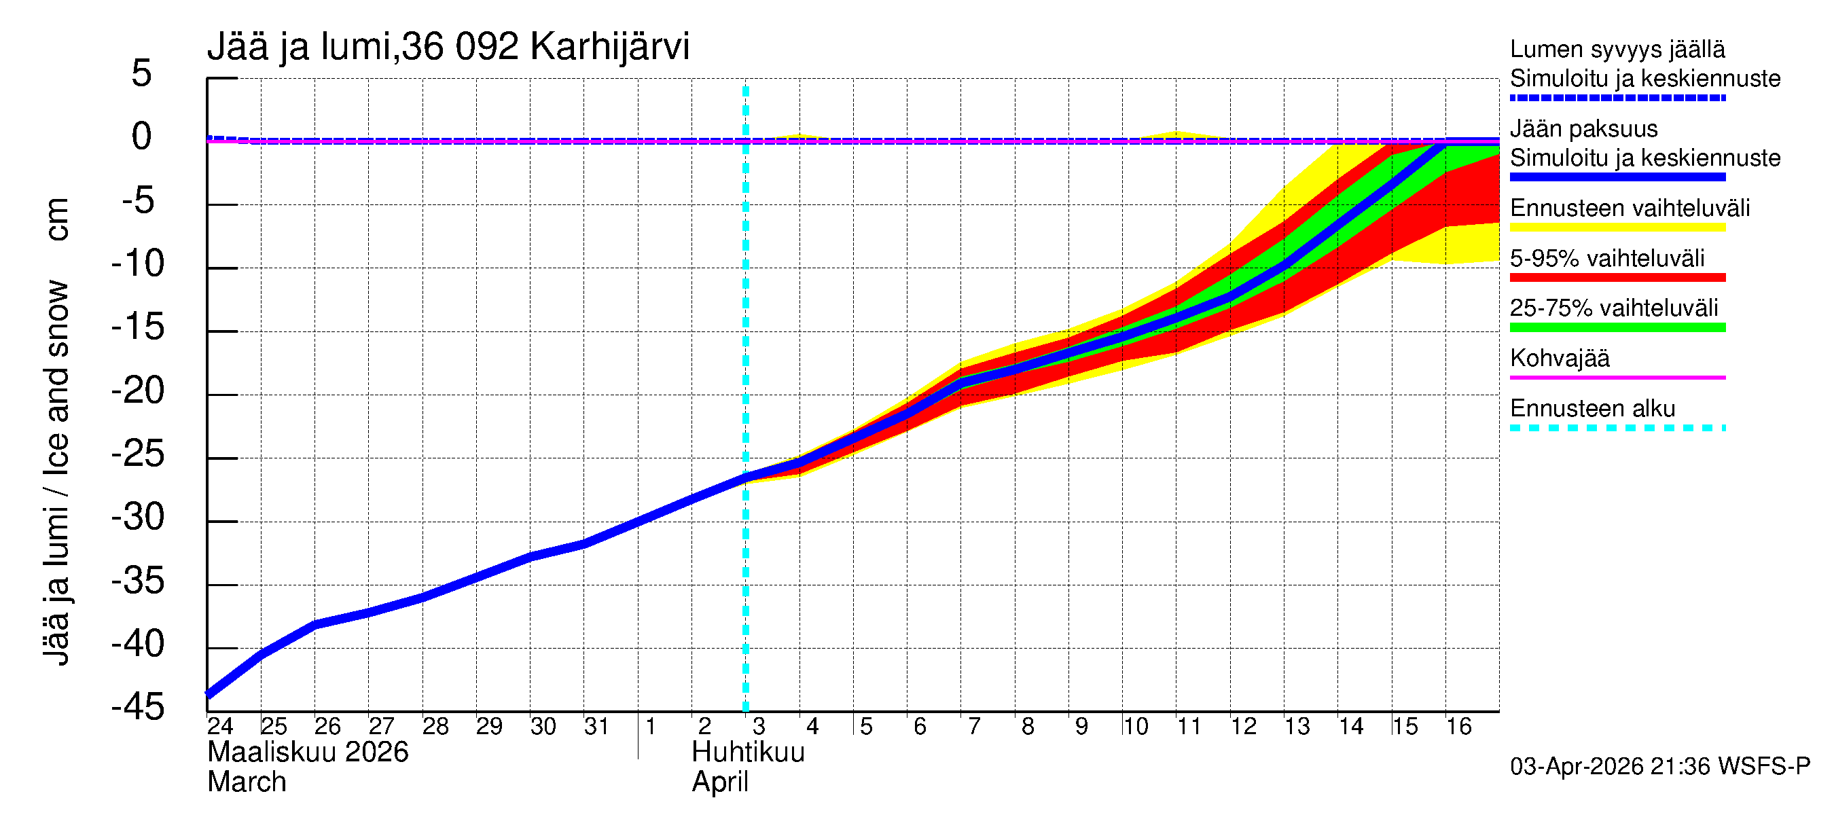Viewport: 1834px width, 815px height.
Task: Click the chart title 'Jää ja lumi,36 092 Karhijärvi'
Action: pyautogui.click(x=448, y=47)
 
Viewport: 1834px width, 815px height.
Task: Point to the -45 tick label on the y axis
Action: pyautogui.click(x=138, y=708)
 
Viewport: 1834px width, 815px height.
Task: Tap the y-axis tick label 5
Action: pyautogui.click(x=142, y=74)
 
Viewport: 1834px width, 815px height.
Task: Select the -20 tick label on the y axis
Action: pyautogui.click(x=138, y=391)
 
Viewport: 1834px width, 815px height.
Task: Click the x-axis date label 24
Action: pyautogui.click(x=220, y=727)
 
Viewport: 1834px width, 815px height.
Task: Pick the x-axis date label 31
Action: pyautogui.click(x=596, y=727)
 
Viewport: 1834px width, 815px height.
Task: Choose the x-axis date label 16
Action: pyautogui.click(x=1458, y=727)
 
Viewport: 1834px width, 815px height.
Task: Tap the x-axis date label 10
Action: pyautogui.click(x=1135, y=727)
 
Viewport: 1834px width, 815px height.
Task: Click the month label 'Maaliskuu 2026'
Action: pyautogui.click(x=308, y=753)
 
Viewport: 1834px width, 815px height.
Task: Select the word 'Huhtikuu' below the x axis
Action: pyautogui.click(x=748, y=753)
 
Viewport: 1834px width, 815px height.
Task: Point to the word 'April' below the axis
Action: pyautogui.click(x=720, y=783)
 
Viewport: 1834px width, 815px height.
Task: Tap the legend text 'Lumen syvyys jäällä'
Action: pyautogui.click(x=1617, y=50)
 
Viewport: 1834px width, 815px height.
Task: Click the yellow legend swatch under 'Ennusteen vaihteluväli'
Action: pyautogui.click(x=1617, y=228)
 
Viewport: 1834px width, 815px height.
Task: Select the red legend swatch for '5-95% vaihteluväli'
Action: pyautogui.click(x=1617, y=278)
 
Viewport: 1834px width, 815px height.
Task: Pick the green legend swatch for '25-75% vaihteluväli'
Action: pyautogui.click(x=1617, y=327)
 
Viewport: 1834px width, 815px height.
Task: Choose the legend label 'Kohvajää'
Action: pyautogui.click(x=1559, y=358)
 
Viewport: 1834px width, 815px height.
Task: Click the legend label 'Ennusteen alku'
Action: pyautogui.click(x=1592, y=409)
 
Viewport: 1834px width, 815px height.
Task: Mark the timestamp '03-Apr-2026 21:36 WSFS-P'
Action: pyautogui.click(x=1659, y=767)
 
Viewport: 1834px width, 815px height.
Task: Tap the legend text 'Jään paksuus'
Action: pyautogui.click(x=1583, y=129)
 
